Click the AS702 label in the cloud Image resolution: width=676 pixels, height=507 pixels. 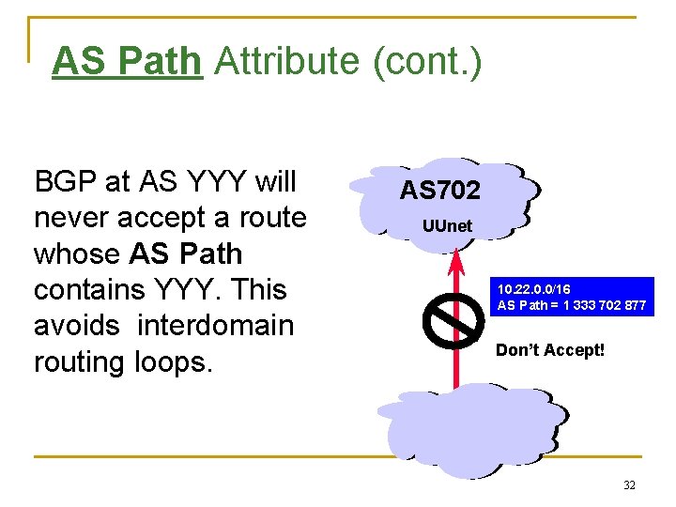click(x=439, y=191)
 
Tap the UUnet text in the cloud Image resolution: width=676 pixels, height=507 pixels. click(x=447, y=226)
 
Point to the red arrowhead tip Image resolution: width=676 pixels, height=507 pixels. click(x=454, y=251)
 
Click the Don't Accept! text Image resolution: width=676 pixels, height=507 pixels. click(x=550, y=350)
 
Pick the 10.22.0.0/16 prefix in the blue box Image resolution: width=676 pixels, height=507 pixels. click(x=534, y=289)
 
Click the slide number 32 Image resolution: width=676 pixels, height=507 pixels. click(x=629, y=485)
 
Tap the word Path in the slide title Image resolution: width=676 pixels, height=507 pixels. click(x=164, y=62)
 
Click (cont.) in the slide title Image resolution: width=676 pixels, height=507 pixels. click(x=427, y=62)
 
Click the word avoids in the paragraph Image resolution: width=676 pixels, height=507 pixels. click(x=79, y=326)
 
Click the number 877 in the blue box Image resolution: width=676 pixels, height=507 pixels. click(x=635, y=305)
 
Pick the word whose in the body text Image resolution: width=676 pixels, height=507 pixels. click(x=75, y=253)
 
